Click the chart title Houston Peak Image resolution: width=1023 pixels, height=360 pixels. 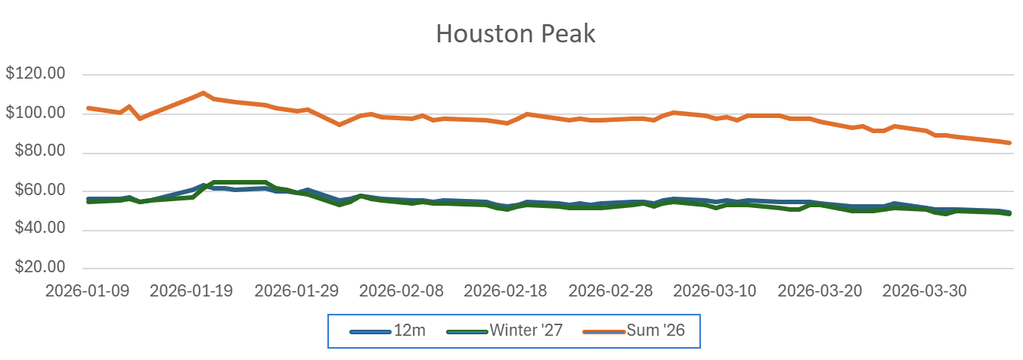(516, 34)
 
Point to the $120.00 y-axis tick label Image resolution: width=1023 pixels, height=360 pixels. (36, 75)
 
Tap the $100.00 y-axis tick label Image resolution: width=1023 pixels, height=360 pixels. (36, 113)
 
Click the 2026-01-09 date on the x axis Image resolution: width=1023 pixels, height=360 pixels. (87, 290)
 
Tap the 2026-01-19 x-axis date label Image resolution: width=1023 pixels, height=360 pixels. (192, 290)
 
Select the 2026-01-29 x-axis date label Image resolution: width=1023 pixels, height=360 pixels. (296, 290)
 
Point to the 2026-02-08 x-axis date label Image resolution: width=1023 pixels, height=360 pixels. (401, 290)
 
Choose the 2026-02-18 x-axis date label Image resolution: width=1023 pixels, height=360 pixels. (506, 290)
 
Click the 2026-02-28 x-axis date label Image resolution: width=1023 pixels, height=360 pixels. (611, 290)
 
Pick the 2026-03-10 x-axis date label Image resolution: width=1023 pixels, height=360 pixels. (715, 290)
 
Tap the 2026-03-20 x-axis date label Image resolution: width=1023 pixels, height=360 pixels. (820, 290)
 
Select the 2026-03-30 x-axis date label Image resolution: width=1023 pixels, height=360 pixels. (925, 290)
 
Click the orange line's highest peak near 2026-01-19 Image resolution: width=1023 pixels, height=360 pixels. (203, 93)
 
